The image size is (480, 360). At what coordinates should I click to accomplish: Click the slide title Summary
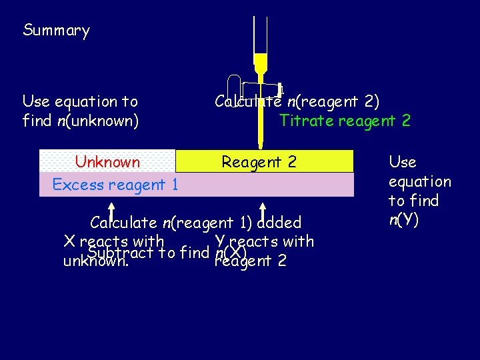tap(56, 31)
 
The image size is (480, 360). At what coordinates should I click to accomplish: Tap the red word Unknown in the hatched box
tap(107, 162)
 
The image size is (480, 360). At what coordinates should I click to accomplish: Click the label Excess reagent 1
tap(115, 185)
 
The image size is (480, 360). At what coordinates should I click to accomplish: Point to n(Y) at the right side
tap(403, 220)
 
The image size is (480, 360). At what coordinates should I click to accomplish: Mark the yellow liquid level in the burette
tap(260, 55)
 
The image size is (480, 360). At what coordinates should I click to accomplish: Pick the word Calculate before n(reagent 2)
tap(248, 101)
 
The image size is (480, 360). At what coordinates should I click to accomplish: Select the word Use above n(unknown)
tap(36, 101)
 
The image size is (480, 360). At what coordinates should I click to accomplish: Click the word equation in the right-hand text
tap(419, 181)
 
